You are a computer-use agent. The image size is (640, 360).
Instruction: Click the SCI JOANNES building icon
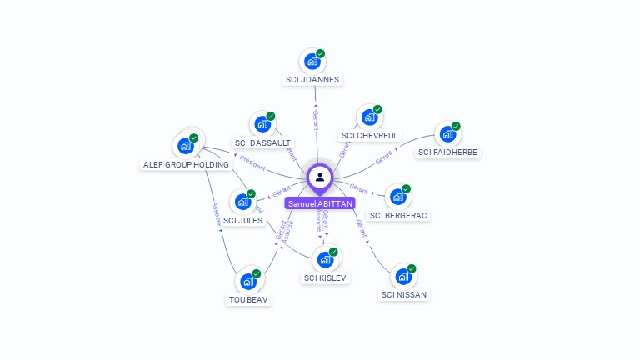point(312,62)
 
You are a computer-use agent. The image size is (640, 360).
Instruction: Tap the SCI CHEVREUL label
point(371,135)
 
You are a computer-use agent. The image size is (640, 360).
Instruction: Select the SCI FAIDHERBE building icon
point(447,134)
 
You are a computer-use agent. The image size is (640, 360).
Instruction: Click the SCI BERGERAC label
point(398,215)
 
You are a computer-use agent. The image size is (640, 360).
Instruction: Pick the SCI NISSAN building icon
point(403,277)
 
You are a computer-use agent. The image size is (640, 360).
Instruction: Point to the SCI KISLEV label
point(326,277)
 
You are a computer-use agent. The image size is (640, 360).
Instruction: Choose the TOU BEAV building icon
point(248,282)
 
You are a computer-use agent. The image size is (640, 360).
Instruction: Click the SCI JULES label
point(242,220)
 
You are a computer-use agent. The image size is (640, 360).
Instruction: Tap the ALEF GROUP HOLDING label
point(186,164)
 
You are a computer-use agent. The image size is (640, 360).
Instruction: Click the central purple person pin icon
point(320,177)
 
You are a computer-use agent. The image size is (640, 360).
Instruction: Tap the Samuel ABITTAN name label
point(320,203)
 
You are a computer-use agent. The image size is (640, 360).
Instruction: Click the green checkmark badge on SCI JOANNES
point(321,53)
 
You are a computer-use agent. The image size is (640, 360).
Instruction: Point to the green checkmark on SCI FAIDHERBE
point(456,126)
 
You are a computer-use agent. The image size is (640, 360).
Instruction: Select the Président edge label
point(252,166)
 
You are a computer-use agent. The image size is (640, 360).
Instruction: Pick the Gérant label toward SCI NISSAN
point(361,228)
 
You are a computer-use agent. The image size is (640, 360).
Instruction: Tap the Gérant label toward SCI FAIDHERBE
point(384,157)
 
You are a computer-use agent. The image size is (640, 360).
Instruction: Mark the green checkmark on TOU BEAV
point(257,273)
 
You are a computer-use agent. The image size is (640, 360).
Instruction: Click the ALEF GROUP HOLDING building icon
point(185,146)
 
